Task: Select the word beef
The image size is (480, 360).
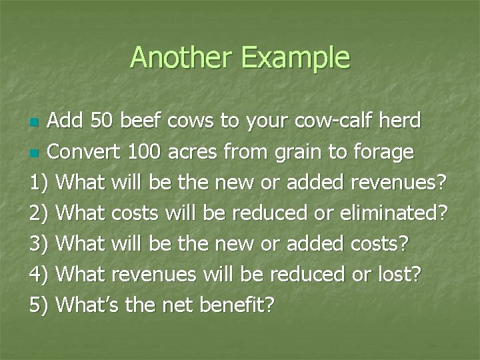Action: (x=143, y=121)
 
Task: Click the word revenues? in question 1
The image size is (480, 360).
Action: (x=406, y=183)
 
